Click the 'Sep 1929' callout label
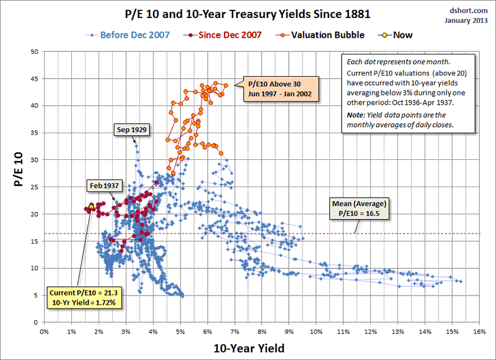pyautogui.click(x=134, y=130)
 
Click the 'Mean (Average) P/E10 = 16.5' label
pyautogui.click(x=358, y=208)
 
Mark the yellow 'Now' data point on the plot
pyautogui.click(x=91, y=207)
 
